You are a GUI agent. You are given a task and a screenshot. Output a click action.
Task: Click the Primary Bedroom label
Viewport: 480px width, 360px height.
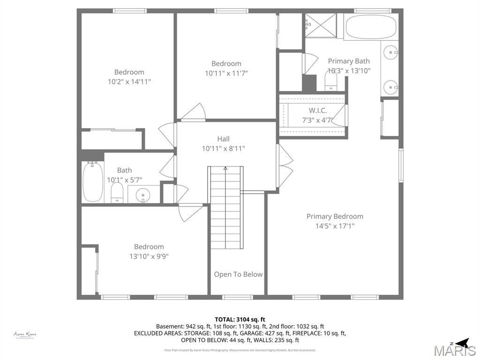[335, 216]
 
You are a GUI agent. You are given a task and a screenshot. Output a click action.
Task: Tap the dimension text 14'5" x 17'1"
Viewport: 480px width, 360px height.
[335, 226]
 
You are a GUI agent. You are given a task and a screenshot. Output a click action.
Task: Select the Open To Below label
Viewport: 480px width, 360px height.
[238, 274]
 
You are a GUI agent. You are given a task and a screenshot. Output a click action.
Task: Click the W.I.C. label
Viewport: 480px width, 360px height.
[317, 111]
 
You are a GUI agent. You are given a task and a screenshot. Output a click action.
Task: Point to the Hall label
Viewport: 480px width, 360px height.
[223, 139]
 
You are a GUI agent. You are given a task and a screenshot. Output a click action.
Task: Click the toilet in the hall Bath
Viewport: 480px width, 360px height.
[117, 193]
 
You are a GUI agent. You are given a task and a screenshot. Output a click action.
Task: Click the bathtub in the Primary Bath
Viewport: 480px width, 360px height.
[371, 27]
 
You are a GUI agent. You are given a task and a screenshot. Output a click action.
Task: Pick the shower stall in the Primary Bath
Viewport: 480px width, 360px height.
[321, 25]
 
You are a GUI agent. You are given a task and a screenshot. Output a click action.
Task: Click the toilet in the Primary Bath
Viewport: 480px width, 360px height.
[331, 82]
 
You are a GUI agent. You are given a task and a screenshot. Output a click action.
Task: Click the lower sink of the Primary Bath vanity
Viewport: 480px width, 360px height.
[390, 87]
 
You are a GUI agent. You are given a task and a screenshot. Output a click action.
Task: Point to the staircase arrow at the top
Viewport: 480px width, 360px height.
[225, 168]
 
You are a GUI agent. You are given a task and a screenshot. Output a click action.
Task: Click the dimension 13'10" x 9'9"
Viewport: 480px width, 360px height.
[149, 256]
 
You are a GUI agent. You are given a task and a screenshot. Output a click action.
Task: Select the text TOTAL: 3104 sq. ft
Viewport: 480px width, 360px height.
[240, 319]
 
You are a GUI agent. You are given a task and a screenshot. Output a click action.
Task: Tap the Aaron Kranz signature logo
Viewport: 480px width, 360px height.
[25, 335]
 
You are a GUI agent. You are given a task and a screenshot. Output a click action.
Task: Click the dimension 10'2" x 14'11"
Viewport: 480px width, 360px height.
[129, 82]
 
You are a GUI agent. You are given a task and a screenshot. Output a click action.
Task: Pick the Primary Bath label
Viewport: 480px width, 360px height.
[348, 61]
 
